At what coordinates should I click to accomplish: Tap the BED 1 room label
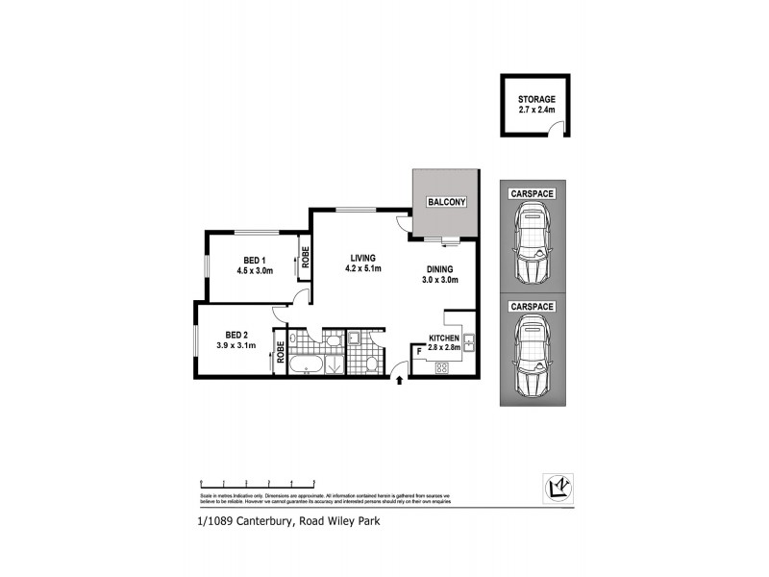click(x=255, y=261)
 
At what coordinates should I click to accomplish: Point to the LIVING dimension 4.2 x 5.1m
click(x=362, y=269)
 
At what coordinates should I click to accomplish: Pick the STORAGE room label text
click(x=536, y=99)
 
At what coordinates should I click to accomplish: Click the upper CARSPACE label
click(x=532, y=194)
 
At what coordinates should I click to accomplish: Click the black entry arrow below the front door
click(x=400, y=383)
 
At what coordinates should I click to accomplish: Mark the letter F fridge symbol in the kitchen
click(x=420, y=353)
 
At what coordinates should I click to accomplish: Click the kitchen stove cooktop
click(x=445, y=366)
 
